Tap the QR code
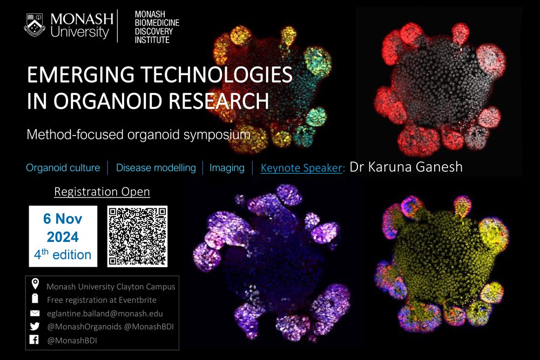137,235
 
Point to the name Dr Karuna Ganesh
406,166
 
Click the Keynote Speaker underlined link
301,168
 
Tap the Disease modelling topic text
156,168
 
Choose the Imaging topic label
227,168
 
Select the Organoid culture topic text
63,168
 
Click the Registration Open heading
102,192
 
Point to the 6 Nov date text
63,220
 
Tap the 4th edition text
63,254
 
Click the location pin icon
35,284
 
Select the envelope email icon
35,313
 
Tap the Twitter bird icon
35,327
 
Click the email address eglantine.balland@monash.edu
105,313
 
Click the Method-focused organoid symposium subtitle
138,134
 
